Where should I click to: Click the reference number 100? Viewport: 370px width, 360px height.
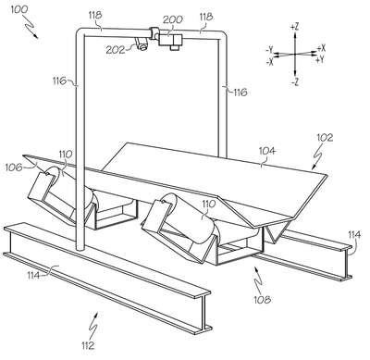(19, 9)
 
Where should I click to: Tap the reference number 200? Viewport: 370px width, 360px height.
(173, 19)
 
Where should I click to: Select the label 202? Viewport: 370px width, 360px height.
(116, 50)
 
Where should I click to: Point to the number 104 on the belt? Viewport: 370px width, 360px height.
(267, 151)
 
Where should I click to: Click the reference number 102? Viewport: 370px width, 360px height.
(325, 137)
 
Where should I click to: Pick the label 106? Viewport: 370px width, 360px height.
(14, 168)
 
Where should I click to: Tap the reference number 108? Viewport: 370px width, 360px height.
(263, 299)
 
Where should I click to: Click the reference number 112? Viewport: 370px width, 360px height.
(88, 345)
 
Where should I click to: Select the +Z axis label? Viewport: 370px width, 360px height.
(294, 27)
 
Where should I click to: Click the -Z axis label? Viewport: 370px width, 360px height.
(295, 82)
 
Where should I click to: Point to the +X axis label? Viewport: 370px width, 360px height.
(321, 48)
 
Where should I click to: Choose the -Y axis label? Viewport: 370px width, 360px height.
(269, 50)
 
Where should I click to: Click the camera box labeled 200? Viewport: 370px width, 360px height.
(170, 41)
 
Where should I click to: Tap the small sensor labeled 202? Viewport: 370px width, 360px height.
(142, 43)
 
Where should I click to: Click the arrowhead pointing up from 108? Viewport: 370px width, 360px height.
(255, 269)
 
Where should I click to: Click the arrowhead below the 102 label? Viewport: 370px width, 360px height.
(313, 168)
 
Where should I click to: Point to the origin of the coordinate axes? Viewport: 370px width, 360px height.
(295, 54)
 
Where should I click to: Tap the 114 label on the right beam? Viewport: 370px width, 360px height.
(354, 235)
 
